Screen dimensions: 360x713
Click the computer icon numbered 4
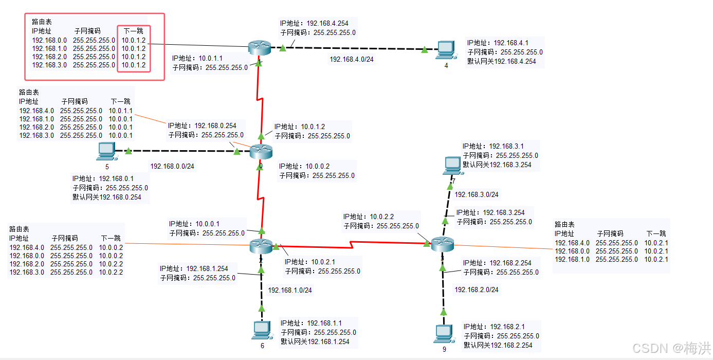pos(446,49)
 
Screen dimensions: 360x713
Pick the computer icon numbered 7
pos(453,165)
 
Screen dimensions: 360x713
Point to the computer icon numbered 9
pos(444,333)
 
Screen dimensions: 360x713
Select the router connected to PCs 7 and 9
pos(442,244)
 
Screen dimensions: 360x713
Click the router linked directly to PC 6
pos(261,246)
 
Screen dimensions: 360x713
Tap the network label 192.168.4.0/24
pos(352,59)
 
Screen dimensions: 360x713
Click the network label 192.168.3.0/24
pos(477,194)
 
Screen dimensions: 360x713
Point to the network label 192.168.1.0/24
pos(290,290)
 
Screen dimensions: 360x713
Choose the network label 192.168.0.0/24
pos(172,166)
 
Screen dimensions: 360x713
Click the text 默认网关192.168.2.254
pos(498,345)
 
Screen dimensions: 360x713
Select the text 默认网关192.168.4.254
pos(501,61)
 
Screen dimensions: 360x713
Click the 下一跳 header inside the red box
pos(134,31)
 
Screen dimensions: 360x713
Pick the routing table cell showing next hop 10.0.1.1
pos(121,111)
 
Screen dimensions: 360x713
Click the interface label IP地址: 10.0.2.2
pos(369,217)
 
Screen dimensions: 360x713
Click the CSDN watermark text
pos(671,348)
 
